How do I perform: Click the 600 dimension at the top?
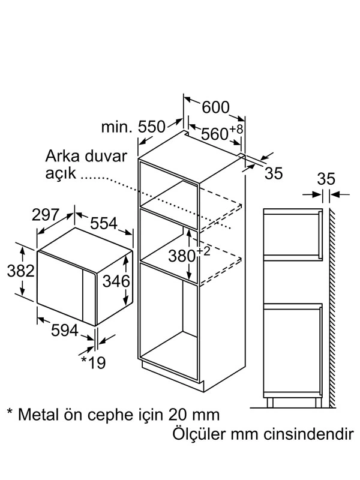(x=215, y=107)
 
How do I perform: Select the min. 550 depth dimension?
(x=133, y=127)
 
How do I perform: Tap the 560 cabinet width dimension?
(x=215, y=134)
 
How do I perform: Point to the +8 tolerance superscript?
(x=236, y=129)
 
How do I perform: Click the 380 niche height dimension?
(x=182, y=256)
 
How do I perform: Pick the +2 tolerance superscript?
(x=204, y=251)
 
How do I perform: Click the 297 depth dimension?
(x=46, y=215)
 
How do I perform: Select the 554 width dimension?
(x=104, y=223)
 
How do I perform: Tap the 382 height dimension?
(x=20, y=271)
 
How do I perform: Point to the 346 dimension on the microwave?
(x=116, y=281)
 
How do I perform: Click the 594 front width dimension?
(x=65, y=331)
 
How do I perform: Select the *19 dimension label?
(x=93, y=362)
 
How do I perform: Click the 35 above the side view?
(x=326, y=179)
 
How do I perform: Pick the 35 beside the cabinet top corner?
(x=274, y=173)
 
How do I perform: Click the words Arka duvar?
(x=86, y=156)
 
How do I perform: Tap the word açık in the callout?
(x=61, y=173)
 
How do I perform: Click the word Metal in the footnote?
(x=38, y=415)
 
